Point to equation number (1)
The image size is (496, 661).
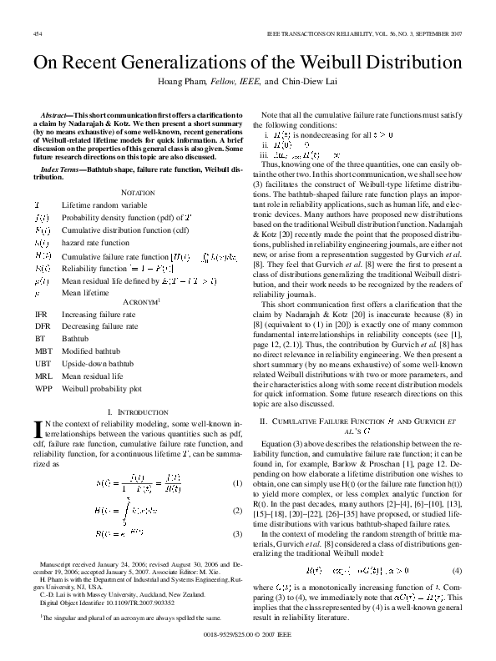click(237, 483)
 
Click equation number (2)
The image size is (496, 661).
click(237, 510)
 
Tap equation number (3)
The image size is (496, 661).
click(237, 533)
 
